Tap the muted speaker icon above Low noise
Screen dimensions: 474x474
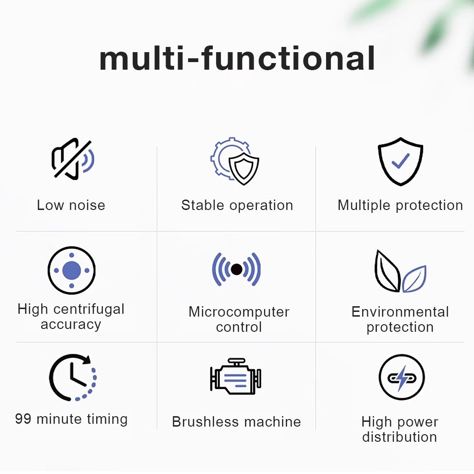[x=73, y=159]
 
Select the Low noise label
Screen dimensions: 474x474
[x=71, y=205]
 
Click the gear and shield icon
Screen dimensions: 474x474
[x=235, y=161]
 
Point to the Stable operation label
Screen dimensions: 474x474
[x=237, y=206]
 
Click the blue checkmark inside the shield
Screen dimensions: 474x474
[x=401, y=161]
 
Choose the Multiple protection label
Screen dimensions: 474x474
[x=400, y=206]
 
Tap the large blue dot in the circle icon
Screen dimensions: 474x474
[x=72, y=270]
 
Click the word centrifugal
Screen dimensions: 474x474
[x=89, y=310]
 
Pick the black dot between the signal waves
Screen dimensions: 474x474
[x=237, y=269]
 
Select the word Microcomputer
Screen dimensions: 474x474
[x=239, y=312]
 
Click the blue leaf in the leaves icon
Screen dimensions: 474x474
[x=414, y=279]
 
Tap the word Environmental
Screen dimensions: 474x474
[x=400, y=312]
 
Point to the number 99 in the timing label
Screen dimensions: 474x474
[x=23, y=419]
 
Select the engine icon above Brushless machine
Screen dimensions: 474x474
[x=236, y=377]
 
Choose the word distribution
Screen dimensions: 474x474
[x=400, y=437]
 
